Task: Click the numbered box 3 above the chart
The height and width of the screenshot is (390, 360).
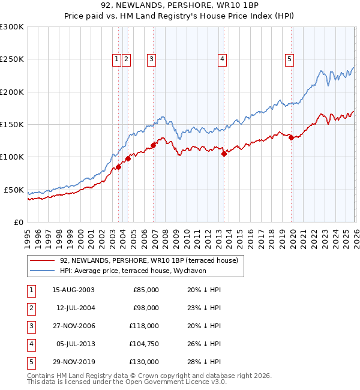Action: pyautogui.click(x=151, y=59)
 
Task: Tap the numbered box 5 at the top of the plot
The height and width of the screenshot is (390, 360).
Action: pyautogui.click(x=289, y=59)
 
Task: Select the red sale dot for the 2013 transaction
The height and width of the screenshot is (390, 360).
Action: pyautogui.click(x=223, y=154)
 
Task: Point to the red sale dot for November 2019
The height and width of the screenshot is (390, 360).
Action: pyautogui.click(x=291, y=137)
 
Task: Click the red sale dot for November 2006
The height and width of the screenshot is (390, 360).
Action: pyautogui.click(x=153, y=145)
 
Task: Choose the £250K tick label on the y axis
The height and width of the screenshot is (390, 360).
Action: pyautogui.click(x=12, y=59)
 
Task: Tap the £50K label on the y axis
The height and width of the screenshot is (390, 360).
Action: pyautogui.click(x=14, y=190)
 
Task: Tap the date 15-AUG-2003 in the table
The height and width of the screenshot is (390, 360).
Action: pyautogui.click(x=73, y=290)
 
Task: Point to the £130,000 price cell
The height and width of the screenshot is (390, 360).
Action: pyautogui.click(x=145, y=362)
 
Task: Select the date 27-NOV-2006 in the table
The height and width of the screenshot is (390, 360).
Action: pyautogui.click(x=73, y=326)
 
